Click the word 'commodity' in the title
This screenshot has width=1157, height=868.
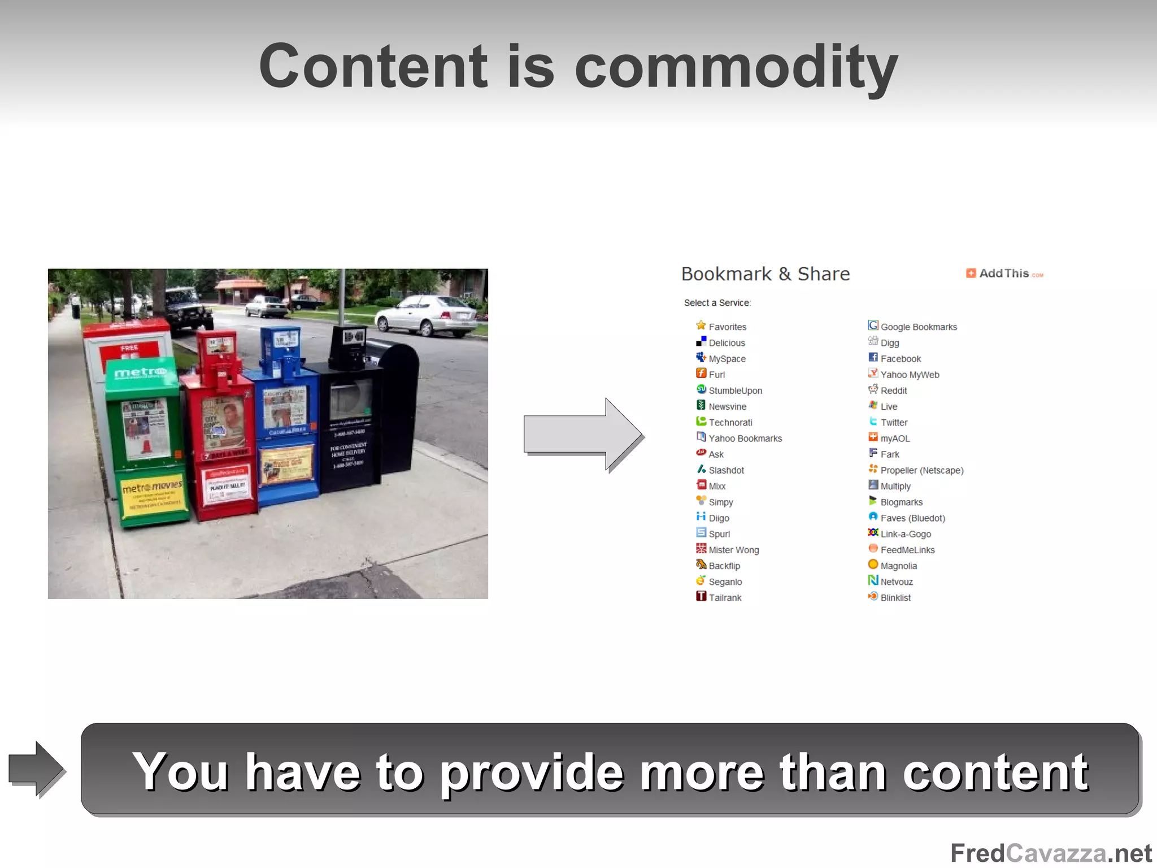pyautogui.click(x=736, y=68)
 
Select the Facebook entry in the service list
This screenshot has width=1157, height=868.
pyautogui.click(x=900, y=359)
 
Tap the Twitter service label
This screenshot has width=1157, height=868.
pyautogui.click(x=894, y=423)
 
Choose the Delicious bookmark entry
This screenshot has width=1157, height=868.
pyautogui.click(x=727, y=343)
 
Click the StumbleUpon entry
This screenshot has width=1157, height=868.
pyautogui.click(x=735, y=390)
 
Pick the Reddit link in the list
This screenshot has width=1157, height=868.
pyautogui.click(x=893, y=390)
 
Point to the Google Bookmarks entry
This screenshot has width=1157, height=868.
pyautogui.click(x=918, y=327)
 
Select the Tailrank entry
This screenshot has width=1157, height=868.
pyautogui.click(x=725, y=598)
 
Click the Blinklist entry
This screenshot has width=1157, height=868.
pyautogui.click(x=895, y=598)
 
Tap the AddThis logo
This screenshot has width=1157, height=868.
pyautogui.click(x=1004, y=274)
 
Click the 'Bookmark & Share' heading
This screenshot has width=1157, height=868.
pyautogui.click(x=765, y=274)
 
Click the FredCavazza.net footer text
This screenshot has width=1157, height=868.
pyautogui.click(x=1050, y=853)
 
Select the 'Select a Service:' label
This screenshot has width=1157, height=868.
pyautogui.click(x=717, y=303)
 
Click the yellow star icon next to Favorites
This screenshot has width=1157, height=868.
pyautogui.click(x=701, y=325)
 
